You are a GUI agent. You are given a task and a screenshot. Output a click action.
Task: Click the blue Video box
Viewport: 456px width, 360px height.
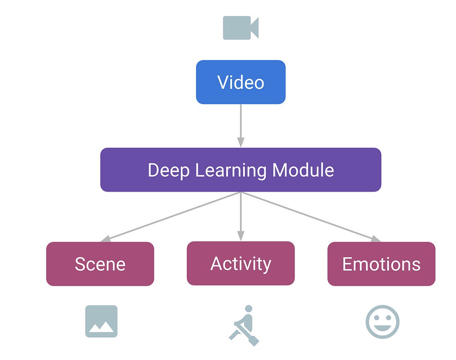point(241,82)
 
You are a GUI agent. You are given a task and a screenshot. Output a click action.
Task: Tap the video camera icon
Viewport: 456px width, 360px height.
point(240,27)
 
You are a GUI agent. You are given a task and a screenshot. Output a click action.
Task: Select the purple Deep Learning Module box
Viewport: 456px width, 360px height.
point(241,170)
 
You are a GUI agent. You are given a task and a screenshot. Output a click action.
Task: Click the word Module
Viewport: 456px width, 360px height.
point(303,170)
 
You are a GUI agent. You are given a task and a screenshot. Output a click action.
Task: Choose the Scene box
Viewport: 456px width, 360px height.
point(100,264)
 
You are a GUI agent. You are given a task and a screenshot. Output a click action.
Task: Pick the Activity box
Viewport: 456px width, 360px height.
point(241,263)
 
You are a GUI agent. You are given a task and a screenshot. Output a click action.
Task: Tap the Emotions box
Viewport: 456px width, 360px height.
point(381,264)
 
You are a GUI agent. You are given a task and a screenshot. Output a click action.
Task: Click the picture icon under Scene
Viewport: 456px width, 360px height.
point(101,321)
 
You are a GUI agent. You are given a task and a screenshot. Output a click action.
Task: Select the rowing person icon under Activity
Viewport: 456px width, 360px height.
point(244,325)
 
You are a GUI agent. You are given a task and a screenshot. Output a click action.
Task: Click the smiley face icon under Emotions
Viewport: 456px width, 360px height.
point(382,322)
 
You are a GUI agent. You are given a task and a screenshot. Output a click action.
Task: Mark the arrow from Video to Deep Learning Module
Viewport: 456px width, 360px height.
point(241,125)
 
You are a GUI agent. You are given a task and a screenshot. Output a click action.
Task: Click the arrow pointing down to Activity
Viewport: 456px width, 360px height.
point(241,216)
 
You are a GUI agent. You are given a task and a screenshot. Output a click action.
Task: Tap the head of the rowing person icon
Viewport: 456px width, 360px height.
point(248,309)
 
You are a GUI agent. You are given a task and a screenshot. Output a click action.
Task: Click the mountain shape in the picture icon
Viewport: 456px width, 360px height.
point(102,327)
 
